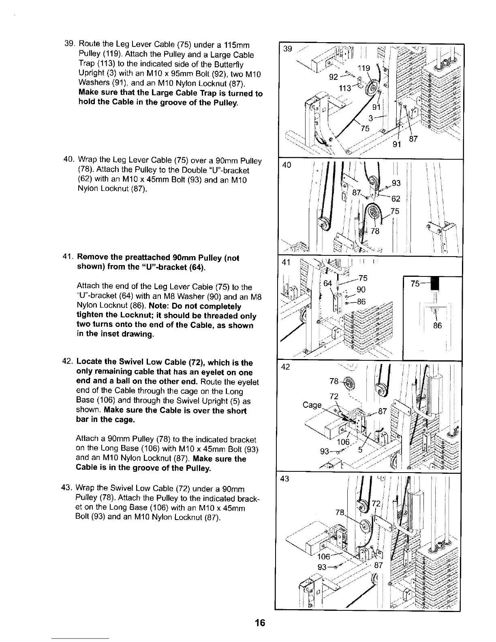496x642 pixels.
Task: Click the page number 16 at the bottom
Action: pos(260,623)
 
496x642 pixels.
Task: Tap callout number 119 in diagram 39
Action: pos(363,68)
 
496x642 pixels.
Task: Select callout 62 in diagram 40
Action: pos(396,199)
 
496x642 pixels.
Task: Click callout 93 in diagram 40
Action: pos(396,183)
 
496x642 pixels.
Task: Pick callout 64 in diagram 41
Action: pos(327,282)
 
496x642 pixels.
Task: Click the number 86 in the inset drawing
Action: pos(437,325)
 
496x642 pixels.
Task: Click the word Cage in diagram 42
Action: pos(312,405)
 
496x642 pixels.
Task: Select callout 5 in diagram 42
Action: pos(360,449)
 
